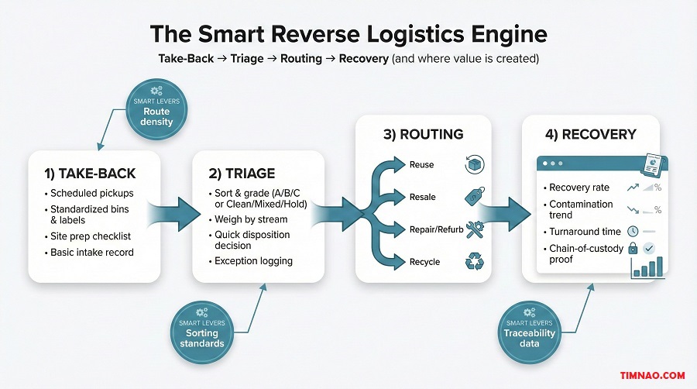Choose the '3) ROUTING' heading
pos(424,134)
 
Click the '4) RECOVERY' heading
pos(590,134)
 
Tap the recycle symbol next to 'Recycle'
pos(473,262)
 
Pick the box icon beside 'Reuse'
pos(473,164)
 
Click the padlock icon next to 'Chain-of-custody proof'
pos(632,248)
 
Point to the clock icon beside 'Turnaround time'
pos(632,231)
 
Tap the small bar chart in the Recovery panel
pos(649,265)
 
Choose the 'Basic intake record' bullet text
pos(91,252)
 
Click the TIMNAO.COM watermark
pos(653,376)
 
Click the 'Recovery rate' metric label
pos(579,188)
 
